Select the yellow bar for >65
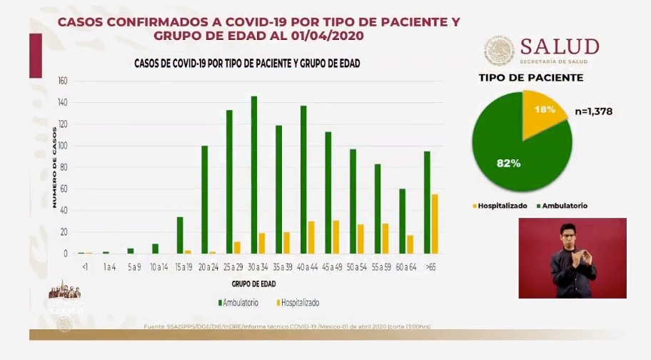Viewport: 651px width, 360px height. [435, 224]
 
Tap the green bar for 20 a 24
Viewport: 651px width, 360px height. [205, 200]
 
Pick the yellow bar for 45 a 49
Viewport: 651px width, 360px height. [336, 237]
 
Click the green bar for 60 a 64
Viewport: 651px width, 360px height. [402, 221]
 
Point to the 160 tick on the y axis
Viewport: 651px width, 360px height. [62, 81]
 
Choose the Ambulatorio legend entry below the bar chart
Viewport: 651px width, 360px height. [238, 303]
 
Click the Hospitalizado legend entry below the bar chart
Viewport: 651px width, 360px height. [296, 303]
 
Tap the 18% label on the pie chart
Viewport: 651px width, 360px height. [545, 109]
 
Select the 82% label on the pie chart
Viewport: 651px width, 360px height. [508, 163]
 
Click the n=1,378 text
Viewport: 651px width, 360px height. [593, 111]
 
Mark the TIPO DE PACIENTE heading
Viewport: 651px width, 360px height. [530, 78]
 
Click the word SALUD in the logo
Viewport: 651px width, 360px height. [559, 46]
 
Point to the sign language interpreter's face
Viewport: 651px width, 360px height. [569, 234]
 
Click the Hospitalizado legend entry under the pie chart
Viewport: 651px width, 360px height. [500, 206]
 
